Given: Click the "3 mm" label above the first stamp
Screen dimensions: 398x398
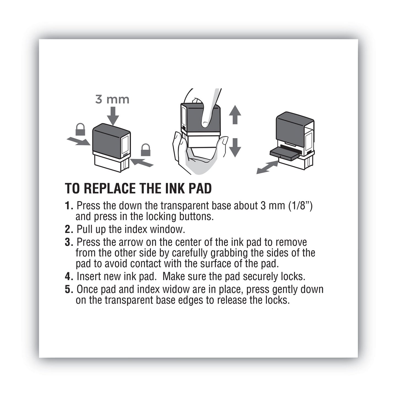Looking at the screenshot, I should (x=112, y=99).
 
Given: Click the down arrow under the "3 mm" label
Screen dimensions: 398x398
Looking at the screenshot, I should (x=113, y=116).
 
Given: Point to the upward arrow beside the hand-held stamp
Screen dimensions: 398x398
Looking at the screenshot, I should (x=235, y=114).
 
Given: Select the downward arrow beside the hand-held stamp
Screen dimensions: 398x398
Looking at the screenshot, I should (x=235, y=147).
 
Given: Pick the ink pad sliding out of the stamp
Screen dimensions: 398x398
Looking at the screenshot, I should (x=284, y=152).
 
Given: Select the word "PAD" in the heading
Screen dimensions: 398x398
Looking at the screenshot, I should (x=201, y=188).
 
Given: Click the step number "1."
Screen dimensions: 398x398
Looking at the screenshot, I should (x=69, y=205).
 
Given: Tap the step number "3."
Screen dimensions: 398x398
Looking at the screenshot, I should (x=69, y=242).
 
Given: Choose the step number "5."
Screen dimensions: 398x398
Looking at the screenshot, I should (x=69, y=289).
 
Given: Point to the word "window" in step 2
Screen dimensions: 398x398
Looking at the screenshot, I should (x=169, y=229).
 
